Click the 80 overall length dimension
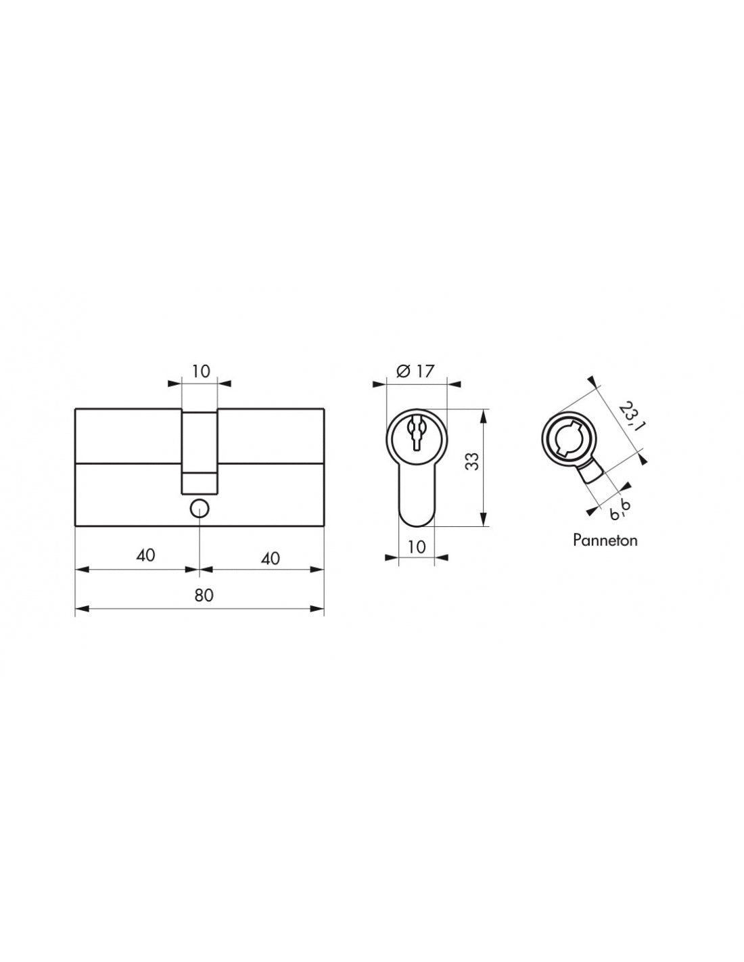(204, 595)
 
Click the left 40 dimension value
(145, 555)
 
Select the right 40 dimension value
(270, 558)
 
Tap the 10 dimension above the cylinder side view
(201, 371)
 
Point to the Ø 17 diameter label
(415, 371)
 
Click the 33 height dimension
(473, 461)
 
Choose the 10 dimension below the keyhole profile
(416, 547)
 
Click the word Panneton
(605, 541)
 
